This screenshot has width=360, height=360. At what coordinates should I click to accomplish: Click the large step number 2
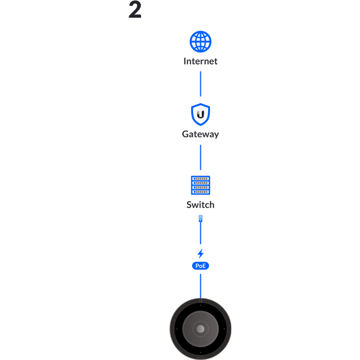pos(135,10)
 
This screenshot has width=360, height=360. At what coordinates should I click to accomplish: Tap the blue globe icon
pos(200,42)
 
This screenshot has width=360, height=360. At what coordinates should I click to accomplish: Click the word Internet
pos(200,61)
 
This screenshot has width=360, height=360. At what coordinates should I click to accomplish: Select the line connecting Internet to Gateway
pos(200,84)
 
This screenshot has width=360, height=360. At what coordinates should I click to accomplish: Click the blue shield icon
pos(200,114)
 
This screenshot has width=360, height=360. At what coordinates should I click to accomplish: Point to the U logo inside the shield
pos(200,114)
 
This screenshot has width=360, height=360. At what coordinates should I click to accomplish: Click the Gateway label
pos(200,134)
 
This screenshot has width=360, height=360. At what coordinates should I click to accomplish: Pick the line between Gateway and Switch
pos(200,157)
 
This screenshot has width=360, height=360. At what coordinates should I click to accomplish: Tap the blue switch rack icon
pos(200,185)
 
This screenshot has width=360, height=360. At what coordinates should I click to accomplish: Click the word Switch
pos(200,205)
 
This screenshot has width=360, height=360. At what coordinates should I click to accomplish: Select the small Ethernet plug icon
pos(200,218)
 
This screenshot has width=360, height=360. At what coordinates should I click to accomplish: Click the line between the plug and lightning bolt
pos(200,233)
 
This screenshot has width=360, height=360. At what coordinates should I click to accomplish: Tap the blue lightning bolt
pos(200,253)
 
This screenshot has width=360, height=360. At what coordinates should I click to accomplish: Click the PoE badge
pos(200,266)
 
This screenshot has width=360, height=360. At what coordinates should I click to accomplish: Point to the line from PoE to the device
pos(200,286)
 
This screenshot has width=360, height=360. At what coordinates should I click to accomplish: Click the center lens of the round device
pos(200,329)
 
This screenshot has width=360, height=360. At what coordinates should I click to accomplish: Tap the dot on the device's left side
pos(177,329)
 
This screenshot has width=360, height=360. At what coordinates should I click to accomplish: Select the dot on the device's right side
pos(224,329)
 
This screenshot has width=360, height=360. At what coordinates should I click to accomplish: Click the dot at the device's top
pos(200,305)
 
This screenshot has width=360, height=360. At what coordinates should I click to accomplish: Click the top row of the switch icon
pos(200,178)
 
